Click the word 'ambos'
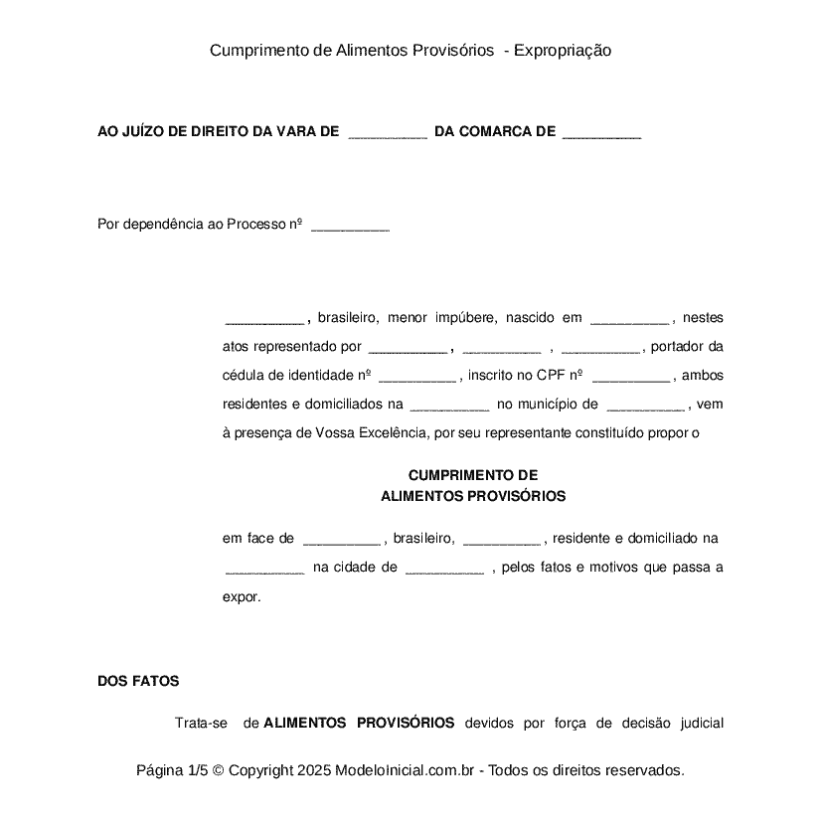click(704, 376)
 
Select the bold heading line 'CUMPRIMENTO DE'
click(473, 475)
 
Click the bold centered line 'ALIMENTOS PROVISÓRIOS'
click(473, 495)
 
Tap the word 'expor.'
click(242, 597)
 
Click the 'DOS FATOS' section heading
click(138, 681)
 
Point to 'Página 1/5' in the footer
click(172, 770)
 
